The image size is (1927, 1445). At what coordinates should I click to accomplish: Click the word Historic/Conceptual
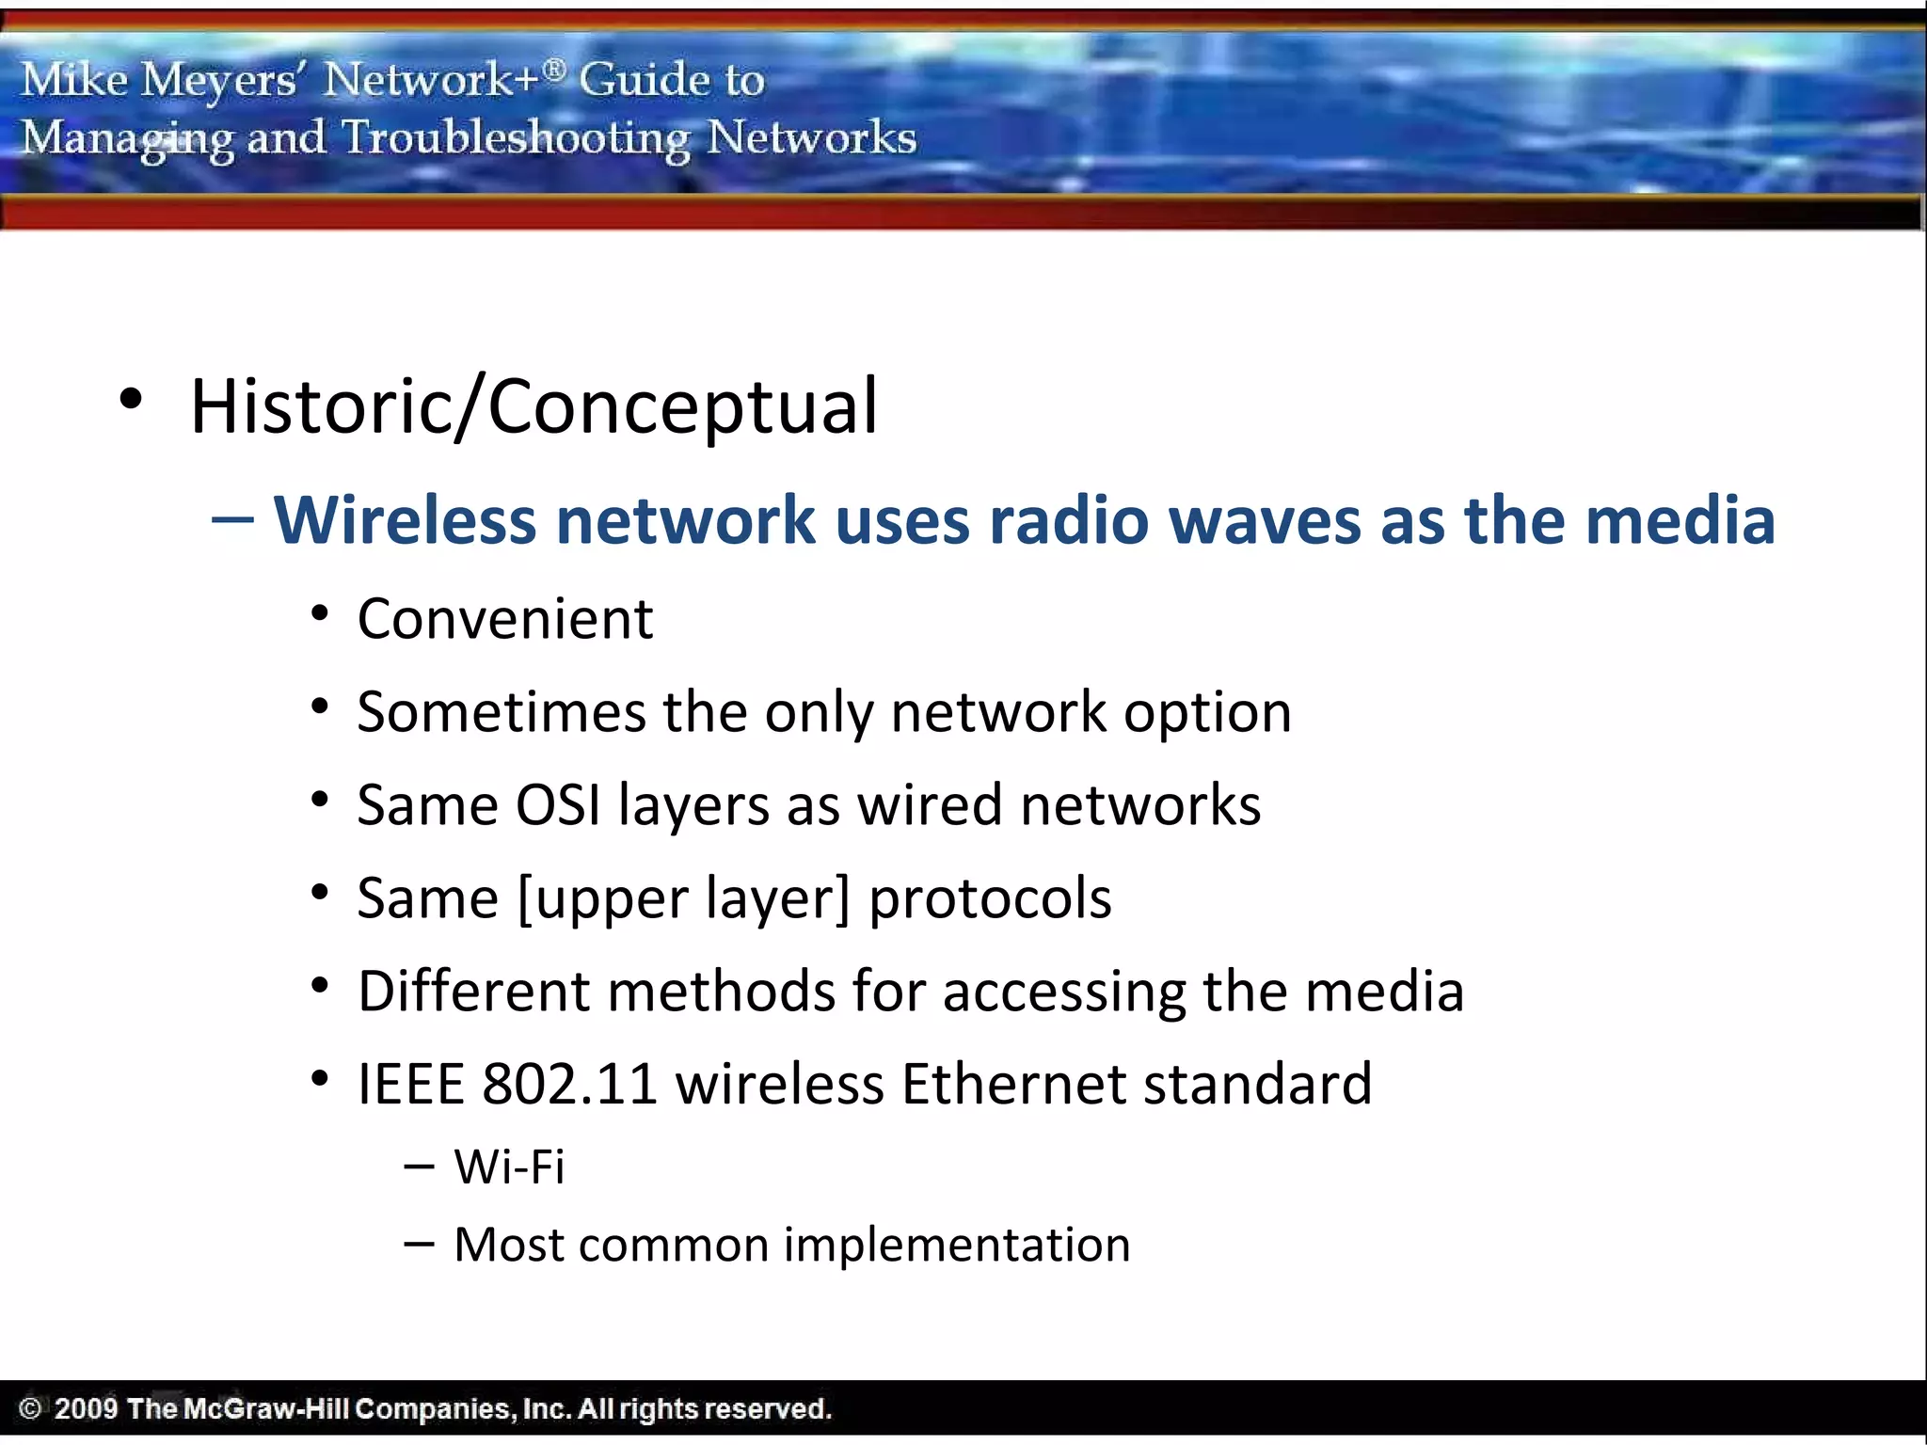pos(534,406)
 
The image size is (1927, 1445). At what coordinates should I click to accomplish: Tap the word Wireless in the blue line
pos(404,520)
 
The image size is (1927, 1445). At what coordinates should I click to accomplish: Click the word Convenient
pos(504,619)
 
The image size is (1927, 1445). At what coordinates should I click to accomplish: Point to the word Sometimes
pos(501,712)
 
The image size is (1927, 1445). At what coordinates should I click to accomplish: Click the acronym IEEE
pos(411,1084)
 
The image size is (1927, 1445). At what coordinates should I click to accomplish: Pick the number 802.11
pos(568,1084)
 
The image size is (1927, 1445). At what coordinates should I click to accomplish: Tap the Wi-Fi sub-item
pos(509,1167)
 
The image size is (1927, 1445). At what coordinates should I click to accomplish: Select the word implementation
pos(956,1245)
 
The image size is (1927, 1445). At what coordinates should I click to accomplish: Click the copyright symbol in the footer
pos(29,1408)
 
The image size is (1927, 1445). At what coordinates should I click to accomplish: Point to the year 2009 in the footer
pos(86,1408)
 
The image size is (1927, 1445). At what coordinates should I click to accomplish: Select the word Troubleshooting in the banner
pos(516,138)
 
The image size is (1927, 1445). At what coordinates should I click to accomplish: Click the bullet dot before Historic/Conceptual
pos(131,400)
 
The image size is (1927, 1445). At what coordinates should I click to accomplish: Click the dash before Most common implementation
pos(419,1245)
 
